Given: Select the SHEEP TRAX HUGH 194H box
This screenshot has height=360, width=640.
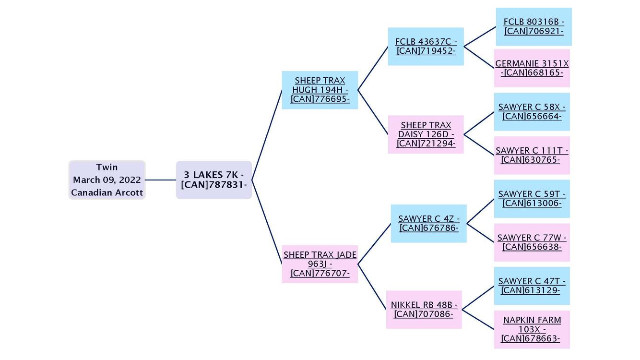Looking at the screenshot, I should click(x=320, y=90).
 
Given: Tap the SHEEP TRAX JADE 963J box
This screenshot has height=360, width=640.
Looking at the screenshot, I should click(x=320, y=264).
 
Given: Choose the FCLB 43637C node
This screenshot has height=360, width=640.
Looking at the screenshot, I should click(x=426, y=46).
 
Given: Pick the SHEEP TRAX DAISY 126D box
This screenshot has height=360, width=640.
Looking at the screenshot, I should click(x=426, y=134).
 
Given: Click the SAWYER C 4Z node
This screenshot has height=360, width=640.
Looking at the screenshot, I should click(x=428, y=223).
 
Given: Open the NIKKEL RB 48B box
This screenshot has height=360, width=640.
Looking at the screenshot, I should click(x=424, y=310).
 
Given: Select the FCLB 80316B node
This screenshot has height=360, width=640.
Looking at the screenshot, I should click(x=533, y=26).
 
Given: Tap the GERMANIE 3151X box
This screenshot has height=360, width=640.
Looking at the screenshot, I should click(x=532, y=68).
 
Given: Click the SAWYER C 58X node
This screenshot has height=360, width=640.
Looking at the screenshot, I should click(x=532, y=112).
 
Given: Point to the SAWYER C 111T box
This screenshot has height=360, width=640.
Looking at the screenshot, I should click(x=532, y=155).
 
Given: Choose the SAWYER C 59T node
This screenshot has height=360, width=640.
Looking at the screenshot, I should click(x=532, y=199).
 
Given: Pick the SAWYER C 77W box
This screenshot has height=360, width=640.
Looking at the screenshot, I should click(x=532, y=242).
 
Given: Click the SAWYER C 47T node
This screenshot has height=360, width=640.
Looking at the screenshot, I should click(x=532, y=286).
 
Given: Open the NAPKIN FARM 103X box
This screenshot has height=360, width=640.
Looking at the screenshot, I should click(x=532, y=329).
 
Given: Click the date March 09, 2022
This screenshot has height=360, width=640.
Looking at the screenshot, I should click(x=107, y=180).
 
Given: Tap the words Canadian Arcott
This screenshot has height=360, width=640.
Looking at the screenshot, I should click(x=107, y=192).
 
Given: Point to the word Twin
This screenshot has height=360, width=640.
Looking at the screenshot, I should click(x=107, y=167).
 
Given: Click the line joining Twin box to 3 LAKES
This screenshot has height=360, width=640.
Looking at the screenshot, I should click(x=161, y=180).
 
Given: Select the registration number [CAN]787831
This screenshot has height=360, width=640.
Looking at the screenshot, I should click(x=213, y=185).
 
